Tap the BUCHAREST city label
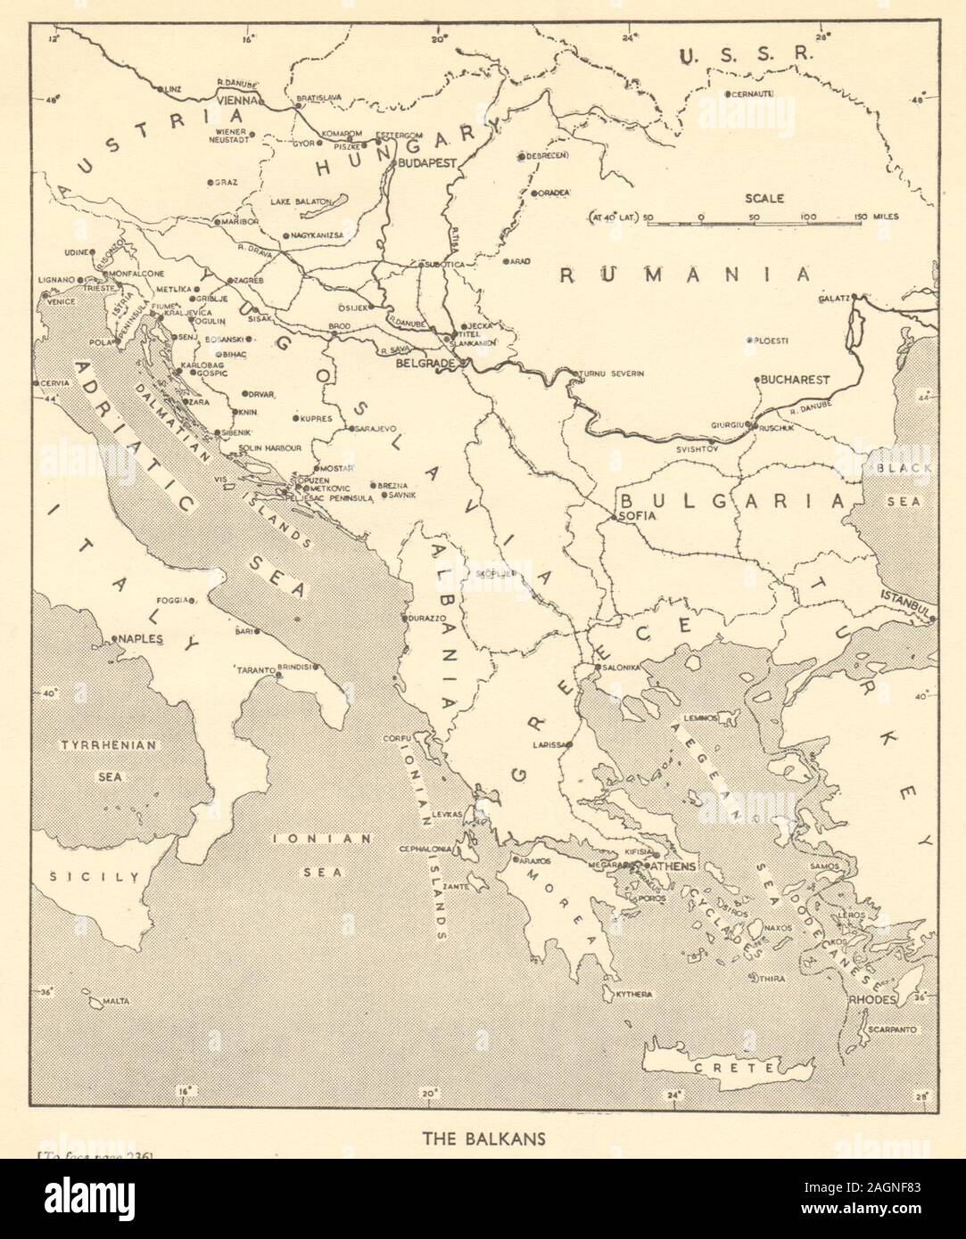(795, 379)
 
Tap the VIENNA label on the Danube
(235, 101)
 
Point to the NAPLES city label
(142, 639)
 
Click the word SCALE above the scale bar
(766, 199)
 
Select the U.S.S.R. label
(745, 56)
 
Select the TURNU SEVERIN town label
(612, 373)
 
